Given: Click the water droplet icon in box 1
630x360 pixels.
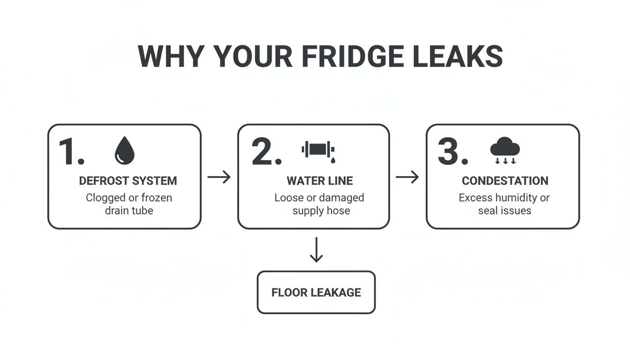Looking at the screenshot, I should click(x=124, y=150).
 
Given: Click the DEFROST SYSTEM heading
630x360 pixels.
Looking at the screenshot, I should click(x=128, y=181).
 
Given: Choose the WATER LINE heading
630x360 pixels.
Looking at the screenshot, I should click(x=320, y=181).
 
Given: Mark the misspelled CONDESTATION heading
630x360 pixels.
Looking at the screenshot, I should click(x=505, y=181).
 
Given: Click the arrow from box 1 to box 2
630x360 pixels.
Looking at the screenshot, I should click(x=219, y=177).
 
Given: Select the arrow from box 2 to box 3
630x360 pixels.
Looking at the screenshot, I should click(x=407, y=177).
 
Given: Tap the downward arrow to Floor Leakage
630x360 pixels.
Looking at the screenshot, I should click(x=316, y=249).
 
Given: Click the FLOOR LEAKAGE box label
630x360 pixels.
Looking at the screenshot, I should click(x=316, y=292).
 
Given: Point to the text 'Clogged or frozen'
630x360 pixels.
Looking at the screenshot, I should click(x=129, y=198).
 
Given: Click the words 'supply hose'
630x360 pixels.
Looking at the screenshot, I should click(x=321, y=211).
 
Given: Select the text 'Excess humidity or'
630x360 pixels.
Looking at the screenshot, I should click(x=504, y=198).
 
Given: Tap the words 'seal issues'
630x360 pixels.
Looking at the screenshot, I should click(x=504, y=211).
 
